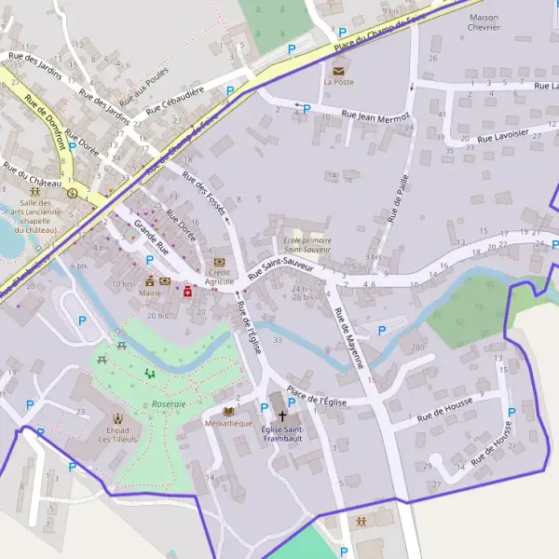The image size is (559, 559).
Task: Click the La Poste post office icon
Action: tap(338, 68)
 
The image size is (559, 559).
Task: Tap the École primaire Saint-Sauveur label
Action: tap(308, 244)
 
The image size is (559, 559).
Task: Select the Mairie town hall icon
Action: tap(150, 280)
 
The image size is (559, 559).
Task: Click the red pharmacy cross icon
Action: tap(187, 292)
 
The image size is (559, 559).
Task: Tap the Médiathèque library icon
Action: tap(228, 411)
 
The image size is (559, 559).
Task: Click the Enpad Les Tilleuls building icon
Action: tap(117, 419)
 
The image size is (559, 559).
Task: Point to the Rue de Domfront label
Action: tap(46, 122)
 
